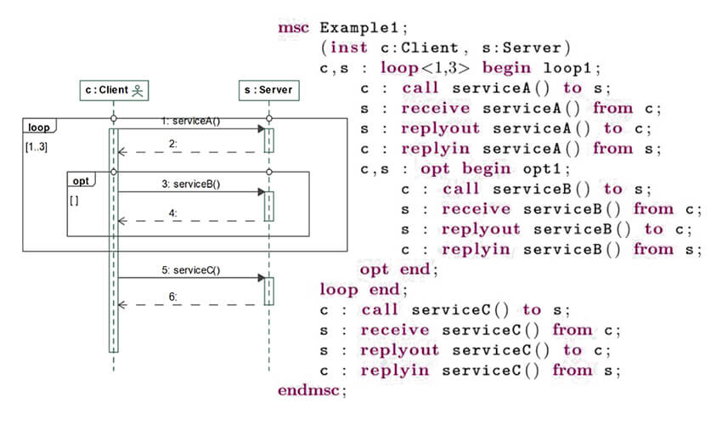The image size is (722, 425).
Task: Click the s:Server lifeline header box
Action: point(268,89)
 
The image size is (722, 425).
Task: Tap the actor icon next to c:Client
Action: point(137,89)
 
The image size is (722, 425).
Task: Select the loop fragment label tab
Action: point(38,127)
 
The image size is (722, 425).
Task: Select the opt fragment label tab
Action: point(81,180)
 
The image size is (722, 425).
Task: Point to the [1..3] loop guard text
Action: point(39,147)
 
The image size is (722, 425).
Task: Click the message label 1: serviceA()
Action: point(190,121)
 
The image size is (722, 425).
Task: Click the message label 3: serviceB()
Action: point(190,183)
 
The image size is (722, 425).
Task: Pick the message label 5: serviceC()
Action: point(190,270)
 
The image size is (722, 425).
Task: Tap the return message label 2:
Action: point(173,144)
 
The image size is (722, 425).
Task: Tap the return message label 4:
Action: point(173,212)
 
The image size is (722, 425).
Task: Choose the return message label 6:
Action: point(173,297)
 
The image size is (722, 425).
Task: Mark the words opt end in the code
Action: point(399,269)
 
